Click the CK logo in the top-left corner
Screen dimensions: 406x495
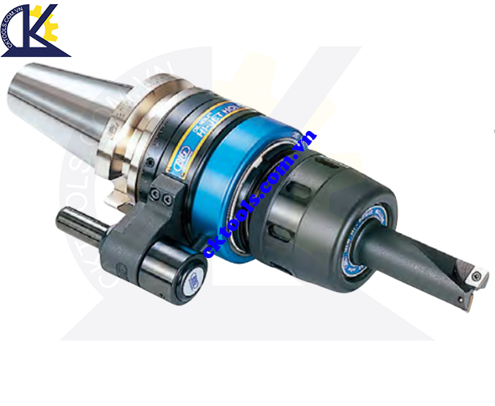tap(35, 31)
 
